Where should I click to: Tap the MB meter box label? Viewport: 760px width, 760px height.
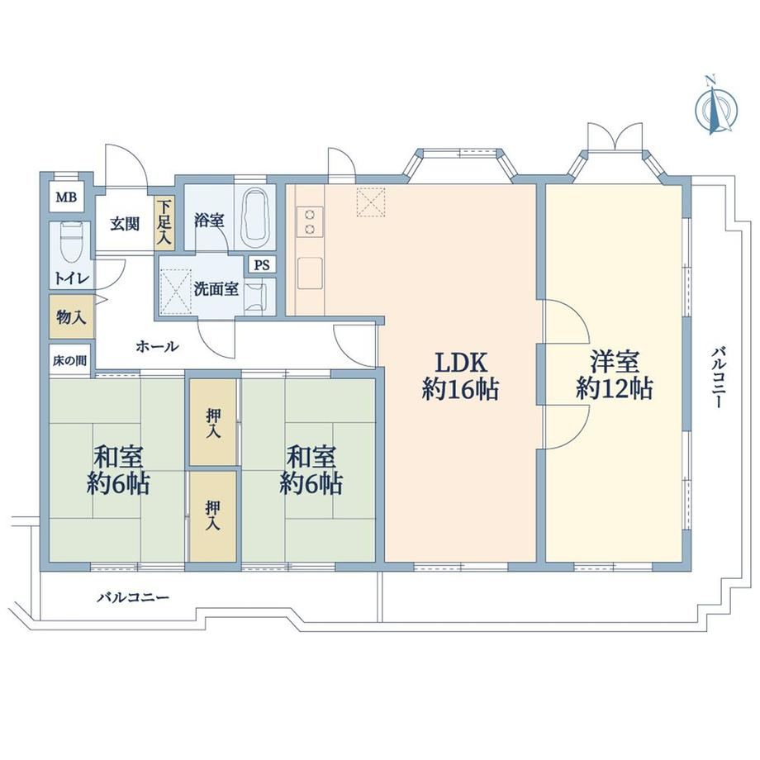(x=66, y=197)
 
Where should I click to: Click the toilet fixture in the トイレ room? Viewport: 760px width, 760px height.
(x=71, y=241)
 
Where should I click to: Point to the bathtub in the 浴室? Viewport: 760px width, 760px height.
(x=255, y=217)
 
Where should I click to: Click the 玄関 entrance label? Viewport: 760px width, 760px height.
(x=125, y=224)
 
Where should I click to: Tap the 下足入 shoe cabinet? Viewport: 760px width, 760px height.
(x=164, y=222)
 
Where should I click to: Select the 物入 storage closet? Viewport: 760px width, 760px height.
(x=71, y=317)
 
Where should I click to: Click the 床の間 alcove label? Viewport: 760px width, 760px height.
(x=69, y=361)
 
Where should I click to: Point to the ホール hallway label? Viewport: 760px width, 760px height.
(x=158, y=347)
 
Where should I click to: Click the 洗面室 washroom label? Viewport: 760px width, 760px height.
(x=216, y=289)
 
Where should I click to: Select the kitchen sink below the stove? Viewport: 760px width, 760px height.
(x=310, y=273)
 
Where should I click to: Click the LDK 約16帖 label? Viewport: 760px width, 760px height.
(x=460, y=375)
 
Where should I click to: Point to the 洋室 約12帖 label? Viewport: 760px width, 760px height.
(x=614, y=374)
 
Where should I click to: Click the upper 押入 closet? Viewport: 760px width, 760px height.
(x=213, y=421)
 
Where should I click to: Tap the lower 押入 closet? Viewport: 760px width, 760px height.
(x=213, y=516)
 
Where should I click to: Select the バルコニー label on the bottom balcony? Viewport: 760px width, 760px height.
(x=133, y=597)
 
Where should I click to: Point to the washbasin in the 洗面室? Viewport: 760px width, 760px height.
(x=255, y=296)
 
